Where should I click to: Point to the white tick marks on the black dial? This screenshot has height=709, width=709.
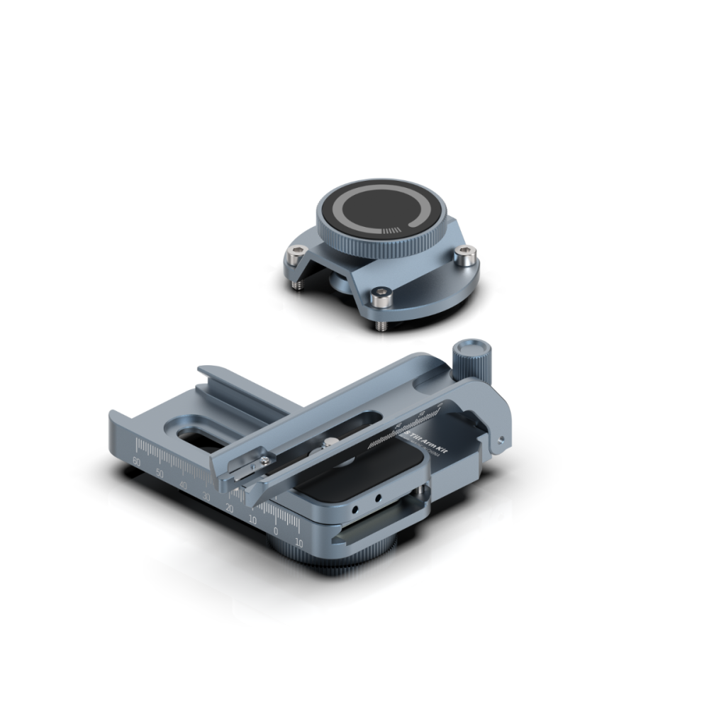391,230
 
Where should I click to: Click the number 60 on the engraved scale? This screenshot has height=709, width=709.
136,461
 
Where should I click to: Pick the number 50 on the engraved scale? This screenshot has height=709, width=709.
160,473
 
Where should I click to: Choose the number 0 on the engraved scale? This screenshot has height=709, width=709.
276,531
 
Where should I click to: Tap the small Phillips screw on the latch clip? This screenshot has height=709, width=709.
264,462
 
